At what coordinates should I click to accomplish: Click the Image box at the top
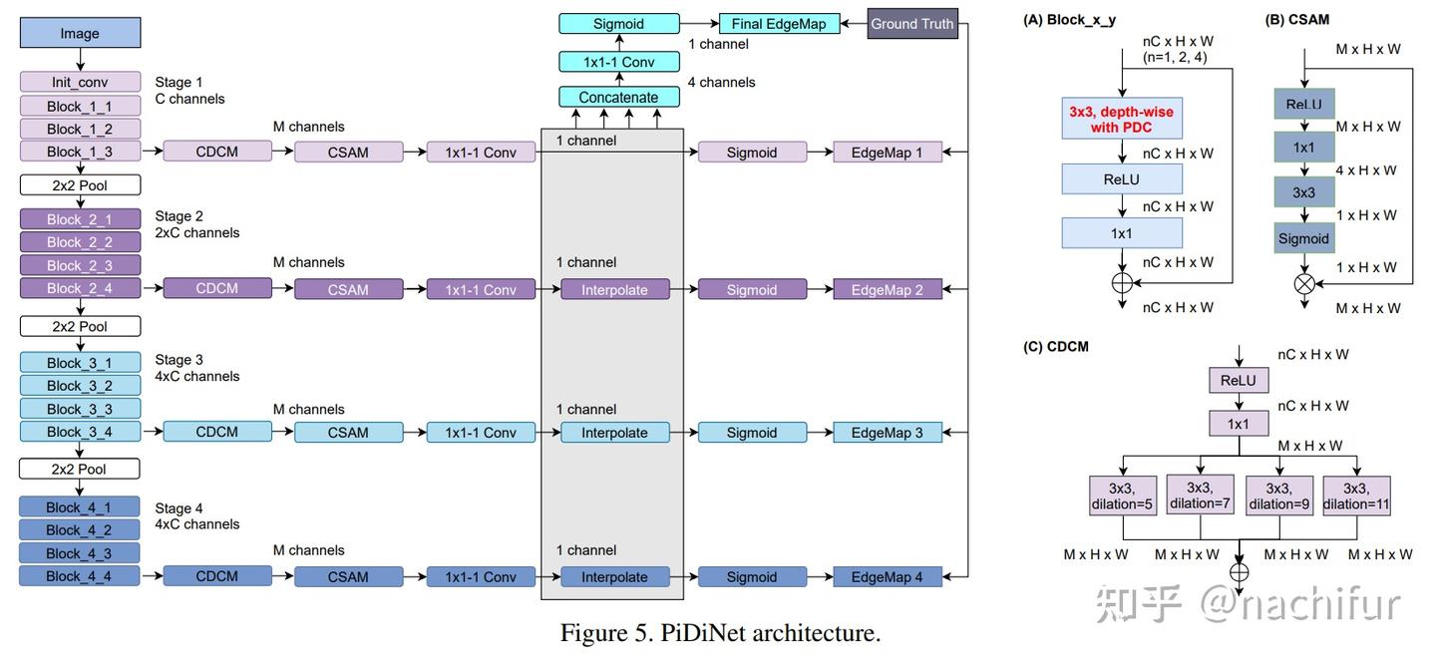[x=80, y=33]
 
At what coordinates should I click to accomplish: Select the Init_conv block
[x=80, y=82]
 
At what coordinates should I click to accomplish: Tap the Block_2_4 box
[x=80, y=288]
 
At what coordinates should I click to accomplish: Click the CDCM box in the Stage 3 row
[x=216, y=432]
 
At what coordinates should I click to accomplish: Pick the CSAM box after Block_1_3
[x=348, y=152]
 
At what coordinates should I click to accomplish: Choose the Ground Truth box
[x=911, y=23]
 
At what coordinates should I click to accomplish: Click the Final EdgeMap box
[x=778, y=23]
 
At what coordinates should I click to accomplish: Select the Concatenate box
[x=618, y=97]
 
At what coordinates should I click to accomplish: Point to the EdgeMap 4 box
[x=887, y=576]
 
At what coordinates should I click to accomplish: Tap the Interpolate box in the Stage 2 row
[x=614, y=289]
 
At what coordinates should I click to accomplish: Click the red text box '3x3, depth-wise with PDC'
[x=1121, y=120]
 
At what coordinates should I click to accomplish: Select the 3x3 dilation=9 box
[x=1277, y=496]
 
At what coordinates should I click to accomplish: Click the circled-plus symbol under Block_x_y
[x=1122, y=283]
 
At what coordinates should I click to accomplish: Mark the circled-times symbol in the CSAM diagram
[x=1303, y=284]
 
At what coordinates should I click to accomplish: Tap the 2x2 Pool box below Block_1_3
[x=80, y=184]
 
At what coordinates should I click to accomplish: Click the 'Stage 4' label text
[x=179, y=508]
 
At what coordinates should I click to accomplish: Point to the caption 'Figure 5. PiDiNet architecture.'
[x=720, y=633]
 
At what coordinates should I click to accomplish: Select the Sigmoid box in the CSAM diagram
[x=1303, y=238]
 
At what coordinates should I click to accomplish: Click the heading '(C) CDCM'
[x=1055, y=346]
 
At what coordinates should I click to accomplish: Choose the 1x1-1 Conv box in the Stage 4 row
[x=481, y=576]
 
